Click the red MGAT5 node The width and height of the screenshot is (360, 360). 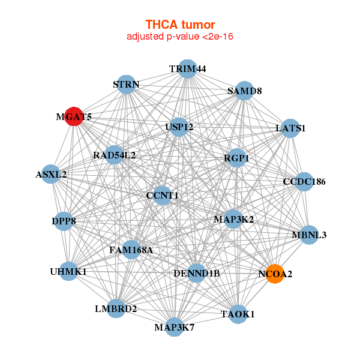point(73,116)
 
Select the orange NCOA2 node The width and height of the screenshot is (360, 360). point(275,274)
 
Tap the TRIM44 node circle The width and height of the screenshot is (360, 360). point(188,68)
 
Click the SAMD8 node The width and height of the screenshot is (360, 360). point(245,91)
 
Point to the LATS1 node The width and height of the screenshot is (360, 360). point(290,128)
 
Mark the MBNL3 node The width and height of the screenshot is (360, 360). point(308,234)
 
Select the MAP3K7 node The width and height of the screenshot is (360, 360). point(174,326)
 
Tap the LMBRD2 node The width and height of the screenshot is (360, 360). point(116,308)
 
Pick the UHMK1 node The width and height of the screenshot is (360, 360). point(69,271)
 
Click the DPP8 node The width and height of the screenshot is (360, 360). point(64,221)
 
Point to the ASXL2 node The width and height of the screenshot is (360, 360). point(52,175)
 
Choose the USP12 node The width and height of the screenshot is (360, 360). point(179,127)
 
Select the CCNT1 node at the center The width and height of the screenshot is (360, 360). point(162,195)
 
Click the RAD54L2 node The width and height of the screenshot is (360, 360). point(114,155)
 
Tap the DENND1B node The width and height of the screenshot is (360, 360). point(197,274)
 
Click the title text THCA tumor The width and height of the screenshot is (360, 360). point(180,25)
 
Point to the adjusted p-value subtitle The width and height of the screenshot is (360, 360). point(180,37)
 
